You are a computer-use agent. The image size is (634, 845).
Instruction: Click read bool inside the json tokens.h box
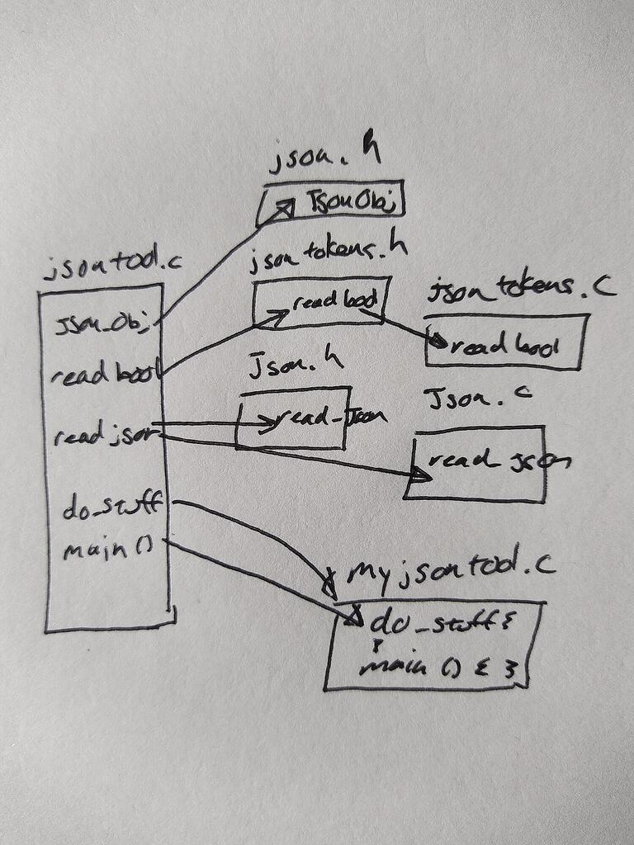click(x=334, y=302)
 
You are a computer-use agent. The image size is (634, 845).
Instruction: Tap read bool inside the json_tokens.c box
click(x=504, y=345)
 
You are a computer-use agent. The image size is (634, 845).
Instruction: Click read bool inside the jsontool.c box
click(x=103, y=375)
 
